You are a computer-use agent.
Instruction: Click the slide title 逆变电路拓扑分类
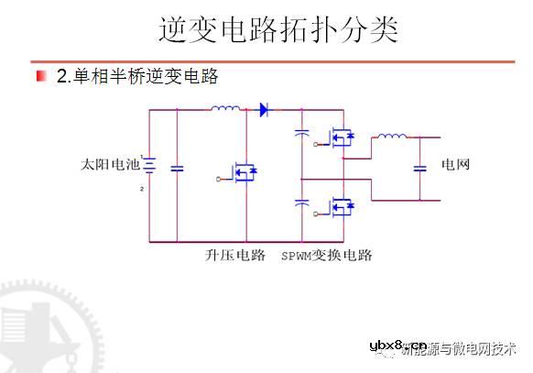[278, 30]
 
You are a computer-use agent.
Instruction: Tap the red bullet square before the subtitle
[41, 75]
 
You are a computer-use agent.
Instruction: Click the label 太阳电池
[109, 166]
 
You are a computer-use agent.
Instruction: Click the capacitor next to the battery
[178, 168]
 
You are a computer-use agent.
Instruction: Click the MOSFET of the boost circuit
[243, 172]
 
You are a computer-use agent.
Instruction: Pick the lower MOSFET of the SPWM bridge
[341, 208]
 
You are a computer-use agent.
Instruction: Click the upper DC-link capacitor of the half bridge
[300, 135]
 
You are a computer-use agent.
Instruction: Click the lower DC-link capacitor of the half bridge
[300, 203]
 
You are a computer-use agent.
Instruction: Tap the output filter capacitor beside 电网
[420, 168]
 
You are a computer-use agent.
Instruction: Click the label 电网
[455, 166]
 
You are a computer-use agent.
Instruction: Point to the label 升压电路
[234, 255]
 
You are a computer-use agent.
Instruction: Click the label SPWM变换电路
[327, 255]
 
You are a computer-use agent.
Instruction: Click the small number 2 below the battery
[142, 188]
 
